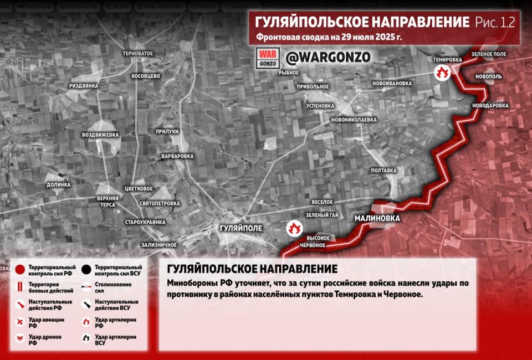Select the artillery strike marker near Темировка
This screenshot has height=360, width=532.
(442, 73)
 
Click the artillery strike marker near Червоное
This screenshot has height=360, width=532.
(294, 228)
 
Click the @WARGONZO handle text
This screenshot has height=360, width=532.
(328, 57)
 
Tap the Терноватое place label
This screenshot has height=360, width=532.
(138, 53)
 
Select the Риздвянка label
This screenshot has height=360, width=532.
(84, 86)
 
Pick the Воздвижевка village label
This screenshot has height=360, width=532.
(100, 135)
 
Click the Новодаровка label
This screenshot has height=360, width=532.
(490, 105)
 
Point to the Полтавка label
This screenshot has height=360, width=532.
(384, 171)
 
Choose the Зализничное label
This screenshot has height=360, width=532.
(159, 244)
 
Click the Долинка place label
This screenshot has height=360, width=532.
(59, 184)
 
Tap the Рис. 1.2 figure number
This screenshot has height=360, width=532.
(495, 23)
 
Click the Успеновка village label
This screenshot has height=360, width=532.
(320, 105)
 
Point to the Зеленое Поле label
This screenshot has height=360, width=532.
(489, 54)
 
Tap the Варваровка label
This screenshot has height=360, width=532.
(177, 156)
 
